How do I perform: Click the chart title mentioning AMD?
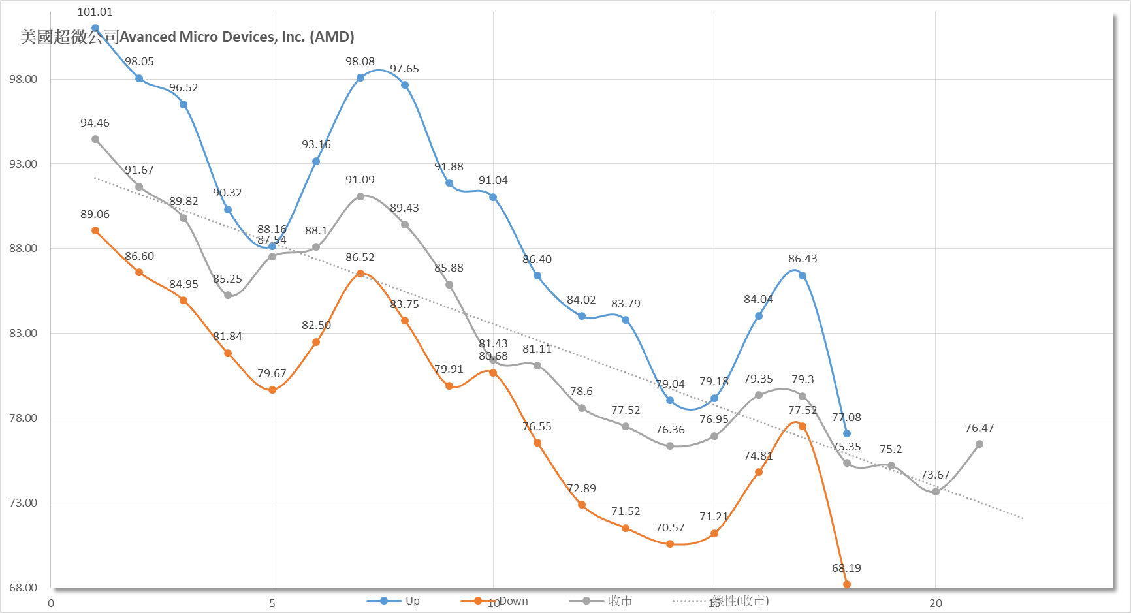tap(187, 37)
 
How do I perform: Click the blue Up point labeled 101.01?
tap(95, 28)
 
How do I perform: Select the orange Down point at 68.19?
tap(847, 584)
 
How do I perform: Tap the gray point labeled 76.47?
tap(980, 444)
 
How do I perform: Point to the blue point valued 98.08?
tap(360, 78)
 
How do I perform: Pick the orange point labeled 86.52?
tap(360, 274)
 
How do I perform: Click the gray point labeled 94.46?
tap(95, 139)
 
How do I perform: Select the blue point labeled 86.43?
tap(803, 275)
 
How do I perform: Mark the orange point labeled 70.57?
tap(670, 544)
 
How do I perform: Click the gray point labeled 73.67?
tap(936, 492)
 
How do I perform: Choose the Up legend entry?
tap(394, 601)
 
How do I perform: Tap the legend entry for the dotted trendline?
tap(722, 601)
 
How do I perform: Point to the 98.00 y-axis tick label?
tap(23, 79)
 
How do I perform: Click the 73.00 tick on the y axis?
tap(23, 503)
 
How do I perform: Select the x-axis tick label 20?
tap(936, 603)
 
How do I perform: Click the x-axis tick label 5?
tap(272, 603)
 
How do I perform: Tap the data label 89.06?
tap(95, 214)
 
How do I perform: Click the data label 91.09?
tap(360, 180)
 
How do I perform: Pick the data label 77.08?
tap(846, 417)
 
